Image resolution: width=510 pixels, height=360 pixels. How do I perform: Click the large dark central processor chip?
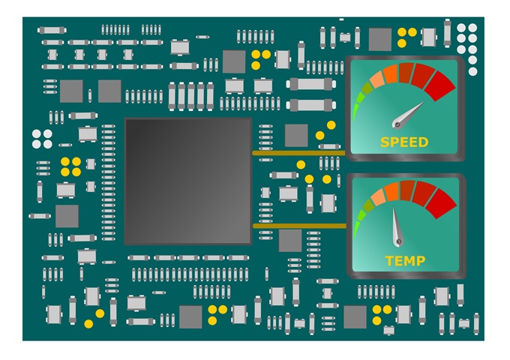[x=187, y=181]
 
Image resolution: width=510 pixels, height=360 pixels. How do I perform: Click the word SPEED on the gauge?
[x=404, y=142]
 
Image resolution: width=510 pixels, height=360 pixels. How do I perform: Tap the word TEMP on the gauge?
[x=404, y=261]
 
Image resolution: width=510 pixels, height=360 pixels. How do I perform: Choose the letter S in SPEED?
[x=385, y=142]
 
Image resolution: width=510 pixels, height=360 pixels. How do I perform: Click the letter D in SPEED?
[x=423, y=142]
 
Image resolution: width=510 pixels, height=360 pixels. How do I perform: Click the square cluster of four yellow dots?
[x=70, y=166]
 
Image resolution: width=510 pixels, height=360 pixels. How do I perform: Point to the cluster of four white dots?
[x=42, y=139]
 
